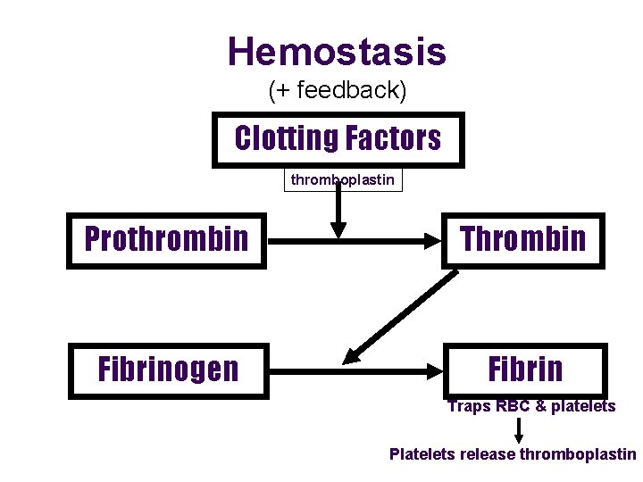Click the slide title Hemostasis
tap(337, 52)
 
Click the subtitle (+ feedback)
tap(337, 90)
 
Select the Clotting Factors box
tap(338, 139)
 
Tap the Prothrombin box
tap(166, 240)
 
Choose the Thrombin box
tap(523, 240)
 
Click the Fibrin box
tap(525, 370)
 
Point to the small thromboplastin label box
tap(343, 180)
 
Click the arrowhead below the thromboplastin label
tap(338, 230)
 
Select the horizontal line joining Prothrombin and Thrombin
tap(357, 241)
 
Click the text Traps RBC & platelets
tap(531, 407)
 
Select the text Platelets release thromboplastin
tap(513, 454)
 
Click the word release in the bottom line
tap(486, 454)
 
